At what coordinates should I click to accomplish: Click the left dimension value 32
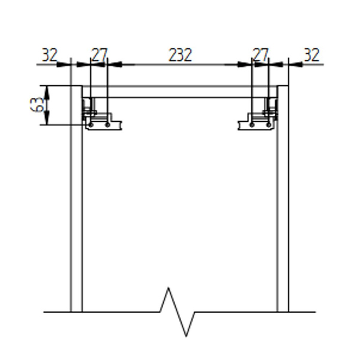click(x=49, y=55)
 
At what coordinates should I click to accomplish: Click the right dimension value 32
click(x=311, y=55)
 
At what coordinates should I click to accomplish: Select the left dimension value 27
click(x=98, y=55)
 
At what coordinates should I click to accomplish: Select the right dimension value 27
click(x=260, y=55)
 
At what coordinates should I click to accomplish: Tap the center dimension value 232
click(x=179, y=55)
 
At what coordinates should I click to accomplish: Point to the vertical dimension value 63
click(x=37, y=105)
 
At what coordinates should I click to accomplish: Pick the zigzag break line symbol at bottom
click(x=178, y=312)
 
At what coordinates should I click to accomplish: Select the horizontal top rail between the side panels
click(x=179, y=92)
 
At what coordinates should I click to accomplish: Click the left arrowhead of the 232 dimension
click(x=114, y=64)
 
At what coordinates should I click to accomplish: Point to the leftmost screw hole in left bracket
click(x=91, y=124)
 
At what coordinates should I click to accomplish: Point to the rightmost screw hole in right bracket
click(x=268, y=124)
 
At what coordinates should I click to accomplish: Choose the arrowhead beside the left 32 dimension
click(x=65, y=64)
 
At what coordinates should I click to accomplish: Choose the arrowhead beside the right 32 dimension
click(x=294, y=64)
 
